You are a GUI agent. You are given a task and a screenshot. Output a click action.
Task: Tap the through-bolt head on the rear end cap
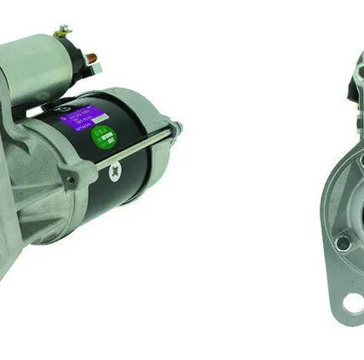[x=176, y=127]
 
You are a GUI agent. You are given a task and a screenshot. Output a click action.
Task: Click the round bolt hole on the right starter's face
[x=343, y=244]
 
